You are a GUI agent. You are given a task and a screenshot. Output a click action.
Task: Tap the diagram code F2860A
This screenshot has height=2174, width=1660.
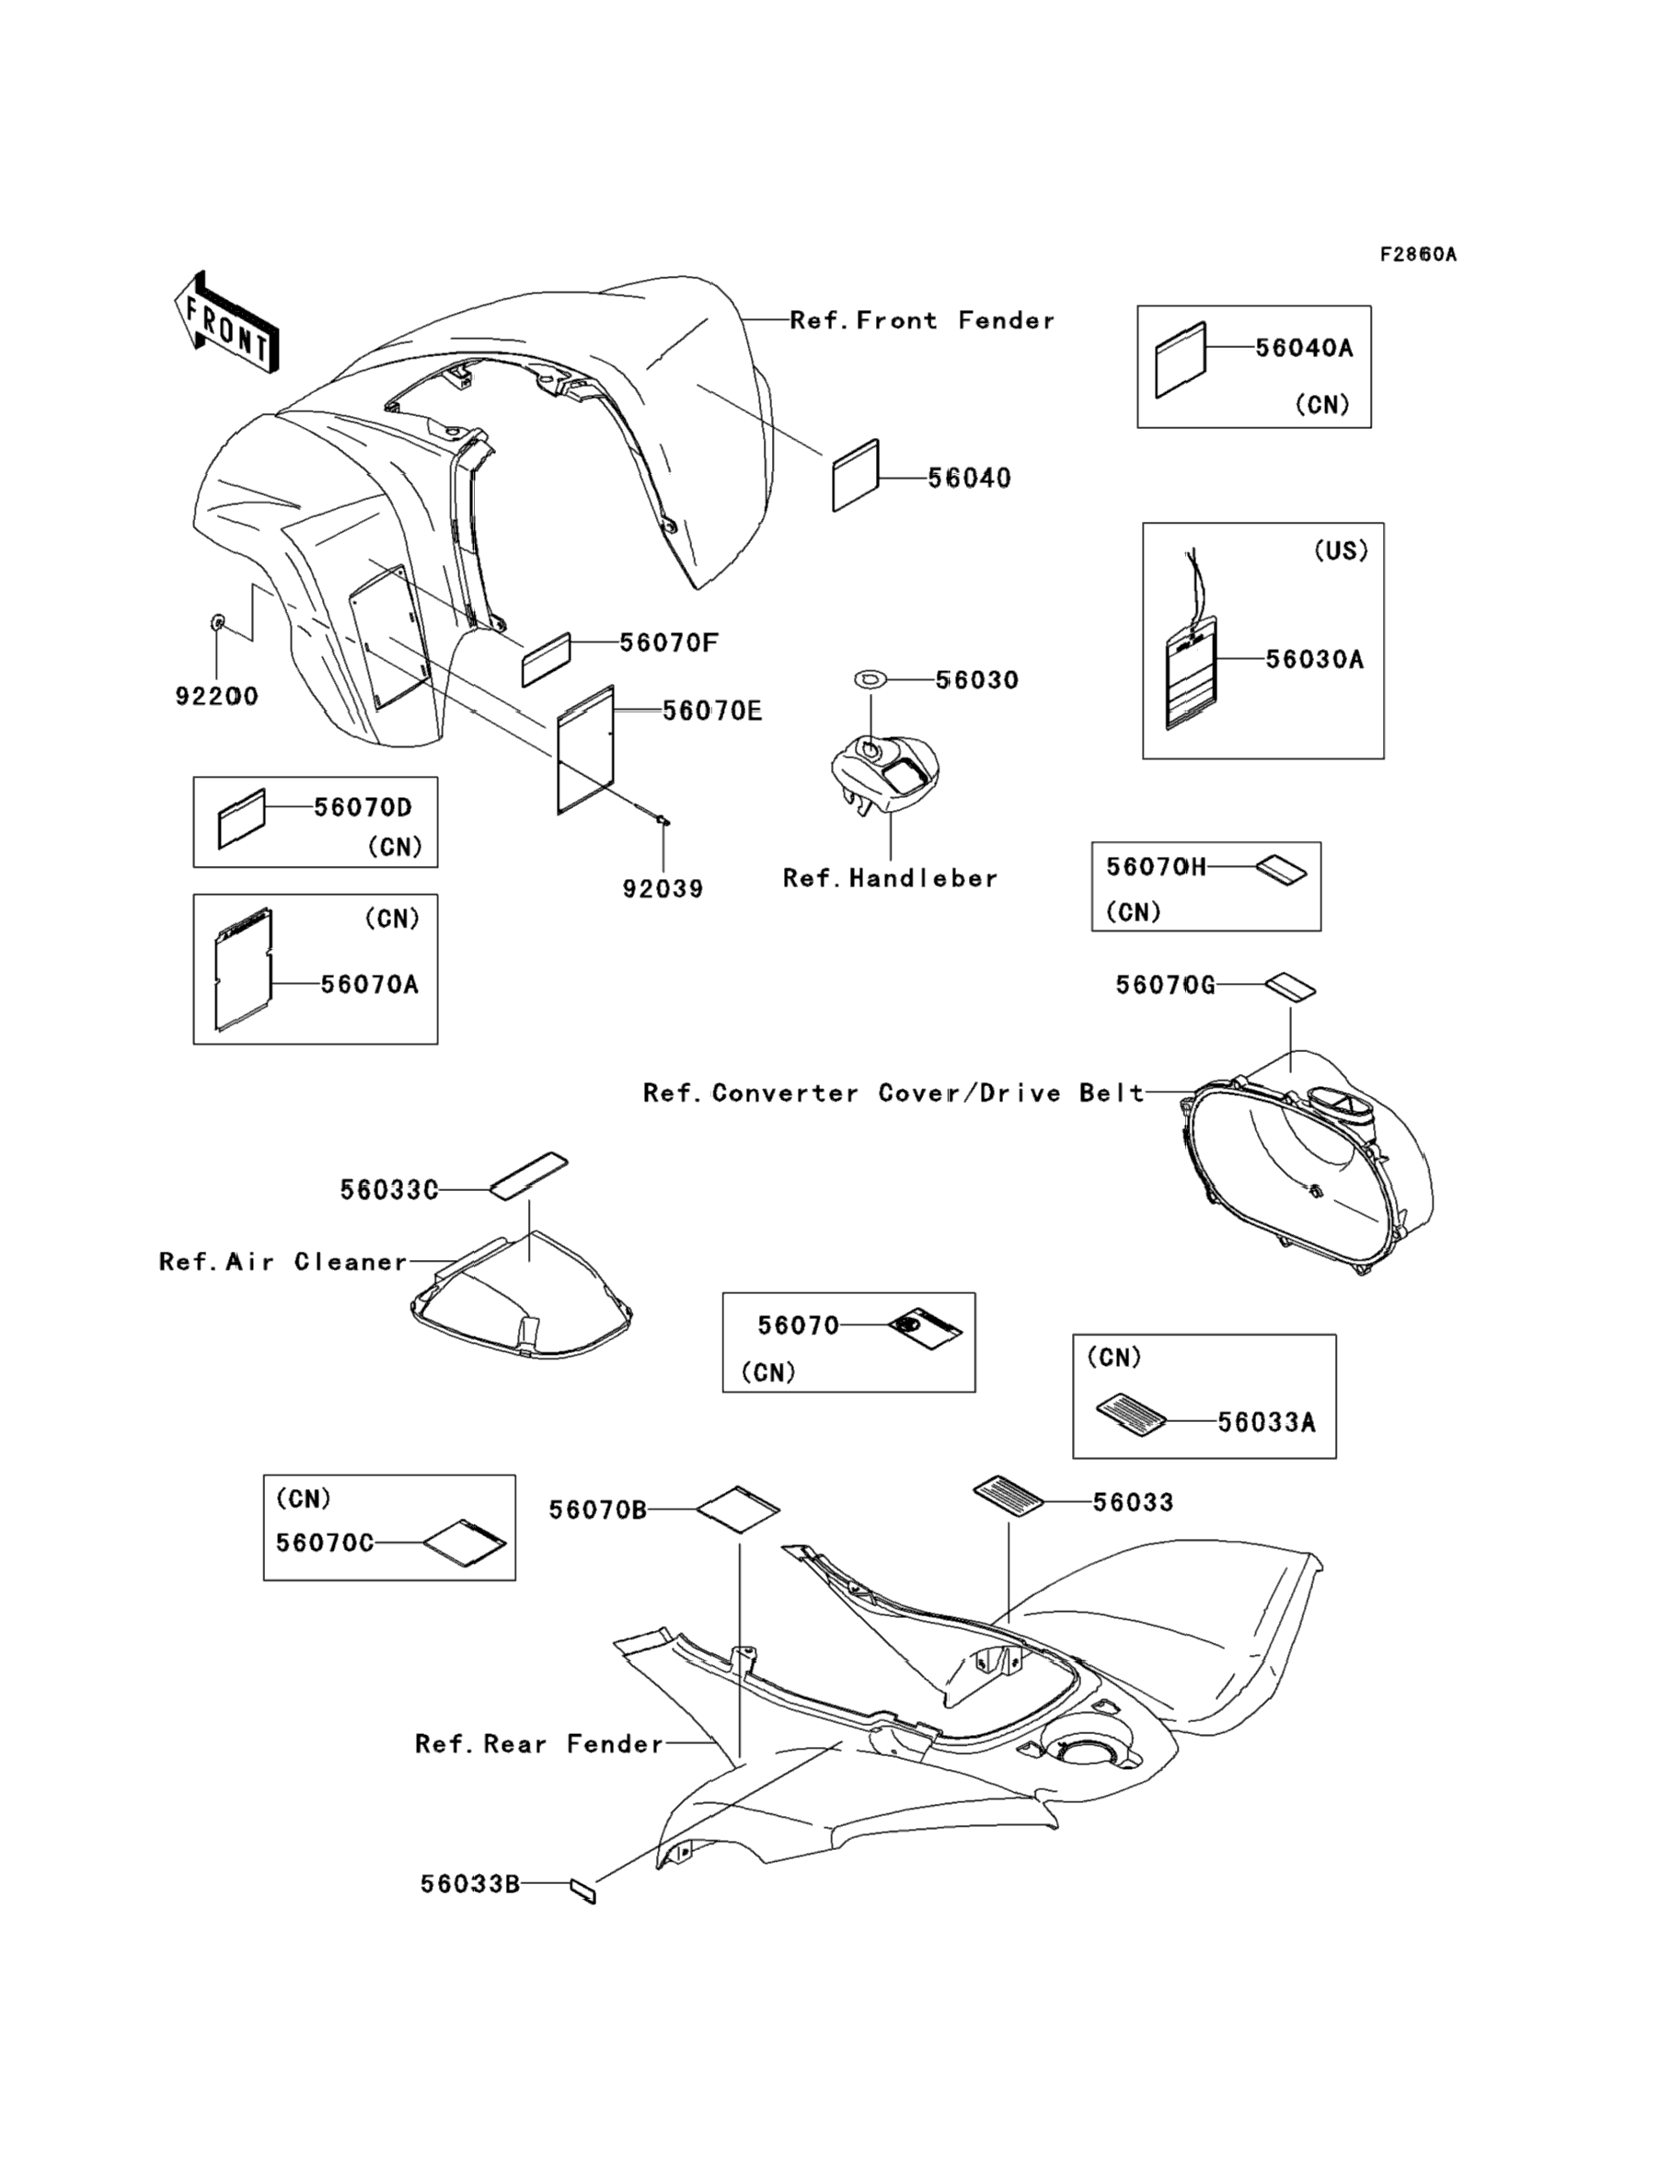click(x=1418, y=255)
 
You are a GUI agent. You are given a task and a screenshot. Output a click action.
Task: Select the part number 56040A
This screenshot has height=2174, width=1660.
click(x=1303, y=348)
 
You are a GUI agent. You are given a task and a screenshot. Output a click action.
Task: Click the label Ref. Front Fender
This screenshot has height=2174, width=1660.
click(x=922, y=320)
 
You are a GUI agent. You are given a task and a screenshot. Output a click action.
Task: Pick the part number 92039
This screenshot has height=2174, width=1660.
click(x=663, y=888)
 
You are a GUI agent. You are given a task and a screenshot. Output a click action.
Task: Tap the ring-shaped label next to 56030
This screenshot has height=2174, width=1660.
click(x=870, y=679)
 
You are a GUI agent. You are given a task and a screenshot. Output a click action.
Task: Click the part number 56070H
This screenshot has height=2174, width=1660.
click(x=1156, y=867)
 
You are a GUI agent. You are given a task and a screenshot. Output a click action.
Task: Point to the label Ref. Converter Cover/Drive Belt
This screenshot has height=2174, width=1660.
click(x=893, y=1092)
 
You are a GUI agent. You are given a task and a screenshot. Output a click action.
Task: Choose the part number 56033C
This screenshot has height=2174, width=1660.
click(x=389, y=1190)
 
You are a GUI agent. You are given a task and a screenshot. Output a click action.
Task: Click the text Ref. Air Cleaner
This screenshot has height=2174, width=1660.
click(x=282, y=1261)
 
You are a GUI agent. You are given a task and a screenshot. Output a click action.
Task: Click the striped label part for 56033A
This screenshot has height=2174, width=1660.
click(x=1132, y=1414)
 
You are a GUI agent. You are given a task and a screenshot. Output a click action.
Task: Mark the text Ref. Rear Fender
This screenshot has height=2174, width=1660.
click(x=538, y=1743)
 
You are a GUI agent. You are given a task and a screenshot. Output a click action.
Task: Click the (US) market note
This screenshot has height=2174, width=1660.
click(x=1340, y=550)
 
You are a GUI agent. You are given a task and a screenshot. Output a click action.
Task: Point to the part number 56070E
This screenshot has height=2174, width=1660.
click(x=711, y=711)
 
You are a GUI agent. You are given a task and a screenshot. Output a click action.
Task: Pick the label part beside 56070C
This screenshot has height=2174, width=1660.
click(x=465, y=1543)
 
